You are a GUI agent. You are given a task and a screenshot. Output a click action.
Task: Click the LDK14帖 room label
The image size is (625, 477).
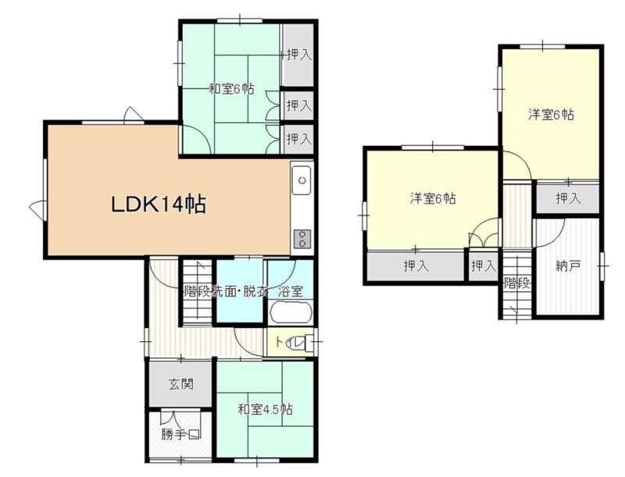click(159, 205)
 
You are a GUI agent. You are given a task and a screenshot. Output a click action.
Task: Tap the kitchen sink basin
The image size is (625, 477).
click(302, 180)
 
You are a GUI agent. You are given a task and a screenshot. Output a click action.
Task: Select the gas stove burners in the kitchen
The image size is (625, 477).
click(302, 239)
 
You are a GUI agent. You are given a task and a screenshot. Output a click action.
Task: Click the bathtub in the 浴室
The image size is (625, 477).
click(291, 312)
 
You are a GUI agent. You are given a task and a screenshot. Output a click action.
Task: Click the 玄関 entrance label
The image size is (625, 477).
click(181, 384)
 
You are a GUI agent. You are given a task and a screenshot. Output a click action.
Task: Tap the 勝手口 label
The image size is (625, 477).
click(180, 434)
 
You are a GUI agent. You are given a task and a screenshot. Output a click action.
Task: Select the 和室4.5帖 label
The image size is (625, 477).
click(265, 409)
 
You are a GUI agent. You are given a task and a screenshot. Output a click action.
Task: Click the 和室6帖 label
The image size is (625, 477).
click(231, 88)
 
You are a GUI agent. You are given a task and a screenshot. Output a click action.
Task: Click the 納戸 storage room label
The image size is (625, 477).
click(568, 266)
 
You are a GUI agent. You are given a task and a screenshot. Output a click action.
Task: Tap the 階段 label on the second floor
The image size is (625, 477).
click(517, 283)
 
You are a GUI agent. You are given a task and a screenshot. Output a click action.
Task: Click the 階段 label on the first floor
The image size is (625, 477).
click(197, 291)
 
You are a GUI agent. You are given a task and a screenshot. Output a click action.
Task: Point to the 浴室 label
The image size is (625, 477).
click(290, 291)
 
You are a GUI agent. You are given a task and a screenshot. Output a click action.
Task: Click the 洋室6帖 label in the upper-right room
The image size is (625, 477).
click(552, 115)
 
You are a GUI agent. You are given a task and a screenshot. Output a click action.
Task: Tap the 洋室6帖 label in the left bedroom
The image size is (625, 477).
click(434, 198)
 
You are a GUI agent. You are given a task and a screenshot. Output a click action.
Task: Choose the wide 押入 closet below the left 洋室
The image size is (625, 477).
click(416, 265)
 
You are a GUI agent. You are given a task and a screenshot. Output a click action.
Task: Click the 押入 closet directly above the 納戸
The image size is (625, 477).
click(569, 198)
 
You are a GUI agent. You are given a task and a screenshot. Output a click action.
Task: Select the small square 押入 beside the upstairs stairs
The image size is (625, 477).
click(483, 265)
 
